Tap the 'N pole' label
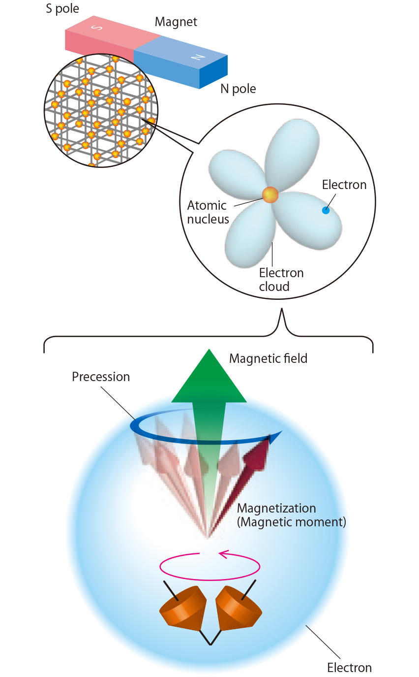(x=238, y=89)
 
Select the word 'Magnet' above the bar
(x=176, y=22)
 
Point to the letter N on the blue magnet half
(x=198, y=58)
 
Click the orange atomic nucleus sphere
(x=270, y=195)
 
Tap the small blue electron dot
(x=325, y=211)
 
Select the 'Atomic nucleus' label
(x=207, y=212)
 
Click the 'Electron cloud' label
(x=281, y=280)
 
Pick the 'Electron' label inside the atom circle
(x=344, y=185)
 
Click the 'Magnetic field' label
(x=268, y=358)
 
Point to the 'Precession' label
(x=101, y=377)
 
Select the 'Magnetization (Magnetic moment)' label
(x=291, y=515)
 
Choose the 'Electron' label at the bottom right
(x=349, y=668)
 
